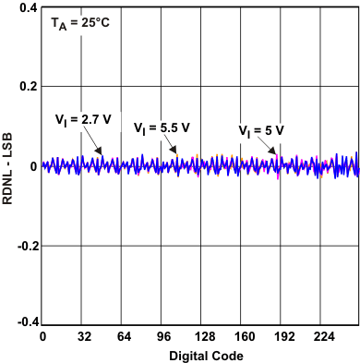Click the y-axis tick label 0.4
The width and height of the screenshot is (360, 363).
tap(26, 7)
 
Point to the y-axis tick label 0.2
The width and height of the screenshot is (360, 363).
tap(26, 87)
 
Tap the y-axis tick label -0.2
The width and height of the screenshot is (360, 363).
tap(24, 246)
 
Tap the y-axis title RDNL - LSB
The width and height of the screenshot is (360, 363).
tap(8, 166)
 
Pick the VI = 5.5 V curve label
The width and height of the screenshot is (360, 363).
tap(162, 128)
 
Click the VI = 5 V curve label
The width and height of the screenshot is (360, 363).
tap(261, 130)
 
